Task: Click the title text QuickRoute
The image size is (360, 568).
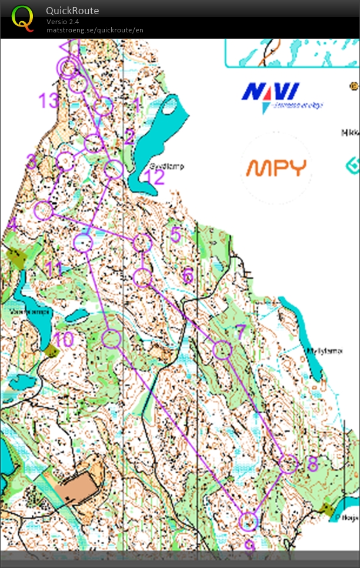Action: pyautogui.click(x=72, y=11)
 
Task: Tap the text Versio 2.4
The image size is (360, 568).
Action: pyautogui.click(x=63, y=22)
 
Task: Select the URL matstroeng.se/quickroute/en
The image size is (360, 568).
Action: pyautogui.click(x=95, y=30)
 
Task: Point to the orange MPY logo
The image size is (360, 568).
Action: pyautogui.click(x=276, y=168)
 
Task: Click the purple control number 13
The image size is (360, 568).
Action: pyautogui.click(x=49, y=101)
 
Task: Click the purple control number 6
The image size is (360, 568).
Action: pyautogui.click(x=188, y=275)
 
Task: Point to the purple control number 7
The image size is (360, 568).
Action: pyautogui.click(x=239, y=332)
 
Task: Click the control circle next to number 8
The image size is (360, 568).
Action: pyautogui.click(x=288, y=464)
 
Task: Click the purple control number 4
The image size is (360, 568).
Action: pyautogui.click(x=12, y=224)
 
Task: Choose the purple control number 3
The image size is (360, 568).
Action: pyautogui.click(x=32, y=161)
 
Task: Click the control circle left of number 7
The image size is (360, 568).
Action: pyautogui.click(x=222, y=350)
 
